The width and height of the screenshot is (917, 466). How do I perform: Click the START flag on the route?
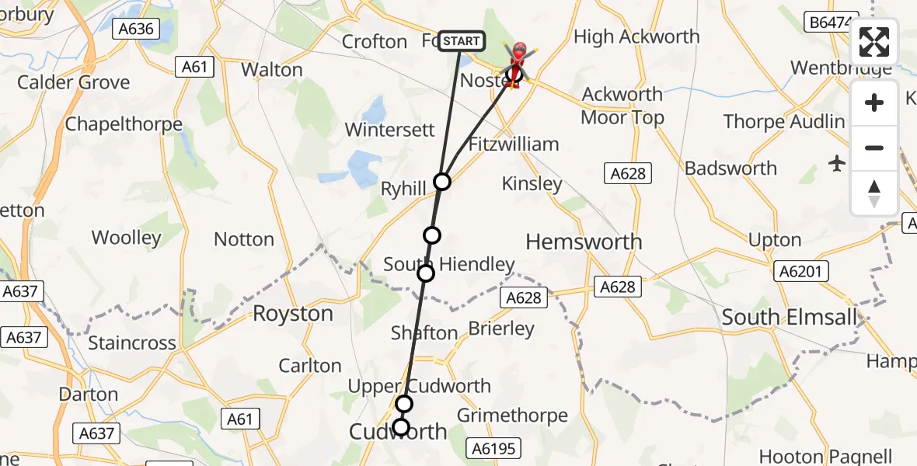(462, 41)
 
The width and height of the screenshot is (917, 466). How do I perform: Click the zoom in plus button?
(874, 103)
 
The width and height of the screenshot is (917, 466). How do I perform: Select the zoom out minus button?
(874, 148)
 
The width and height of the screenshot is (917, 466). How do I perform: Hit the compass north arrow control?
(874, 193)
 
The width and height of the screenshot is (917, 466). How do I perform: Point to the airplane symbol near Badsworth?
(837, 163)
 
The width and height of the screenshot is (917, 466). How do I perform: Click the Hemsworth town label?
(584, 242)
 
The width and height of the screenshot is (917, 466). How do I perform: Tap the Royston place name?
(293, 314)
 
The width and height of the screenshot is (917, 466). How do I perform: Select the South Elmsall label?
(790, 317)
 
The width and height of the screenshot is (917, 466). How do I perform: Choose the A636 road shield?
(136, 30)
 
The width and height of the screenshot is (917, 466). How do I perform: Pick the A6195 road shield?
(493, 447)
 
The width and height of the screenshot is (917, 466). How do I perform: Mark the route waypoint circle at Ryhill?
(442, 182)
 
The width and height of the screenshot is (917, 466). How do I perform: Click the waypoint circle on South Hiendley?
(426, 273)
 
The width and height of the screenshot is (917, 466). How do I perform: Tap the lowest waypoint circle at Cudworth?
(401, 427)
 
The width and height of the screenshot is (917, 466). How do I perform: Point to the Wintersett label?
(389, 129)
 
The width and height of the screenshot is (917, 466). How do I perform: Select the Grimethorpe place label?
(512, 416)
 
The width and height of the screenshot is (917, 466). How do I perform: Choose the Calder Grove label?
(73, 82)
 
